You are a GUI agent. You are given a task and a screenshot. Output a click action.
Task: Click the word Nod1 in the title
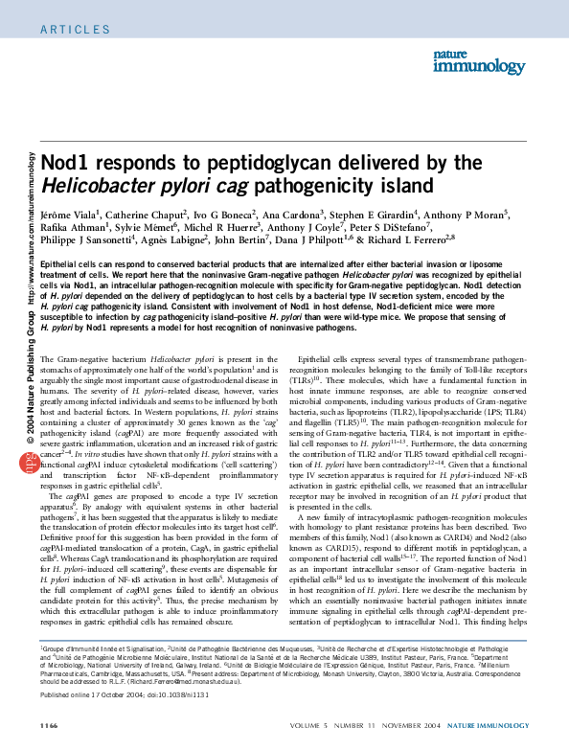(66, 163)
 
